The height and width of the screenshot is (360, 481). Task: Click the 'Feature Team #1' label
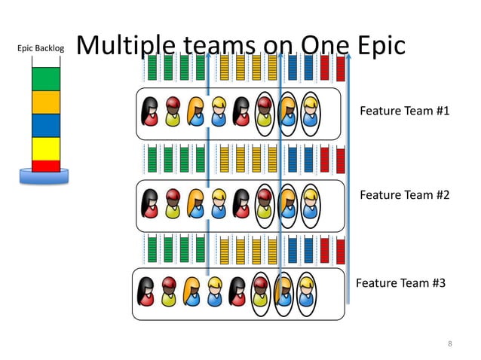(x=404, y=111)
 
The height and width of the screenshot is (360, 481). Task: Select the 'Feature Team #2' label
(x=404, y=195)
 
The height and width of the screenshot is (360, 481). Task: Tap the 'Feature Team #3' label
(x=400, y=283)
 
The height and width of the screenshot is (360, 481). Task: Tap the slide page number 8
(x=449, y=344)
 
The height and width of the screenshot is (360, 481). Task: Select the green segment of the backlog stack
(x=46, y=79)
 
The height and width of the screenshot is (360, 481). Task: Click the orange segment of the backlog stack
(x=46, y=102)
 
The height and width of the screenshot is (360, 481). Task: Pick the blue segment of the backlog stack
(x=46, y=125)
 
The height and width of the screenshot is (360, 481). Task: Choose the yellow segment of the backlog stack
(x=46, y=148)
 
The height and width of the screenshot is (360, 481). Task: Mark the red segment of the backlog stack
(x=46, y=166)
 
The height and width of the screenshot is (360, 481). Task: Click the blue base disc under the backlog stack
(x=44, y=177)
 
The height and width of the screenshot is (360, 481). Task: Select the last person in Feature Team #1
(x=310, y=113)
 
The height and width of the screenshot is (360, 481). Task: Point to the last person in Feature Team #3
(x=305, y=293)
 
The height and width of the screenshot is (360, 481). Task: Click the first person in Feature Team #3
(x=146, y=293)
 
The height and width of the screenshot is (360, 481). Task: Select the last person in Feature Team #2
(x=310, y=204)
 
